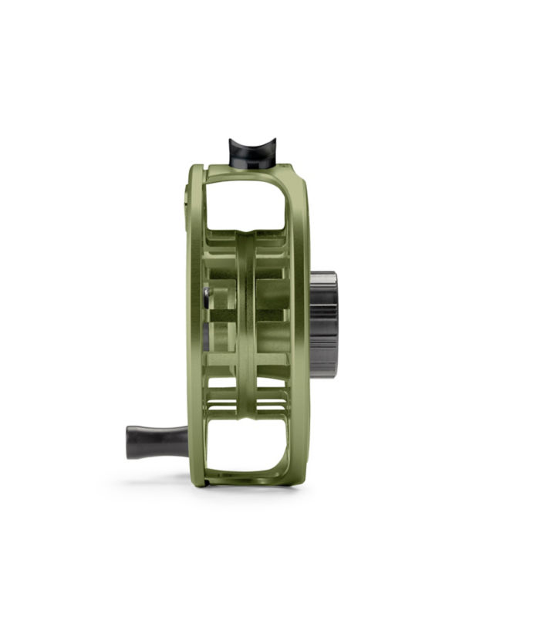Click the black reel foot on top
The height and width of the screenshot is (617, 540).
[252, 153]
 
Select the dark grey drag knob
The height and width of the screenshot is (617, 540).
[324, 324]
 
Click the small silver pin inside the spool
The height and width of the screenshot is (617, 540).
[206, 294]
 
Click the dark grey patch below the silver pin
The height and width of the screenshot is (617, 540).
[206, 332]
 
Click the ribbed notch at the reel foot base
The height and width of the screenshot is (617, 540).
[252, 164]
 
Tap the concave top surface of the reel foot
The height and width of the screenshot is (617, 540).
[252, 143]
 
